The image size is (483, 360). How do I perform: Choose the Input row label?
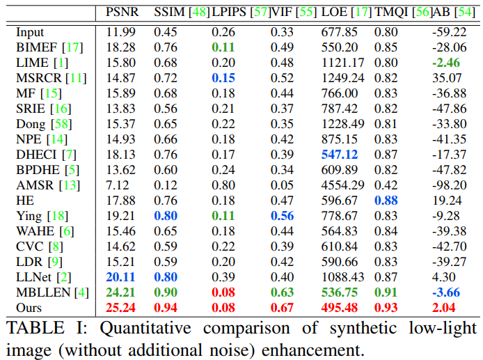point(29,32)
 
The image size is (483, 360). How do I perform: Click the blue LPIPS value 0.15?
point(224,77)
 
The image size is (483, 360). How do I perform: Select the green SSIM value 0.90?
point(166,292)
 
